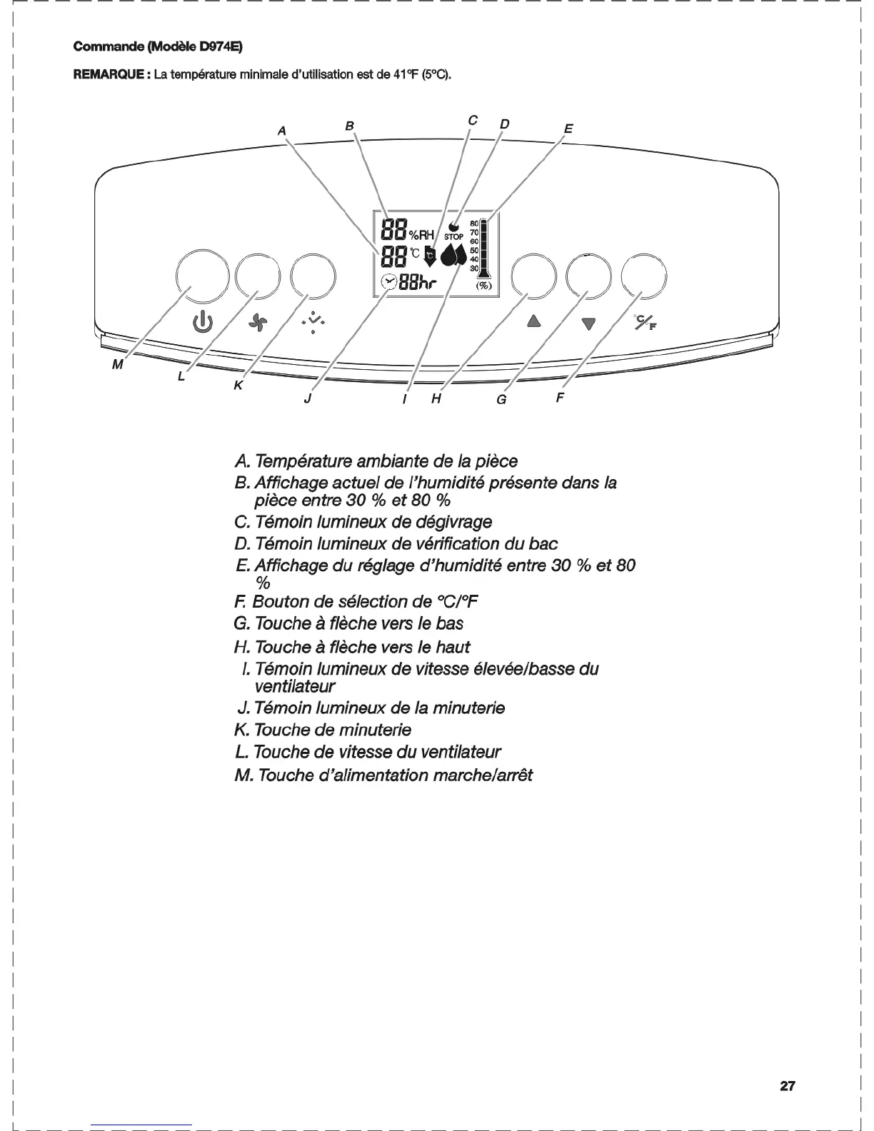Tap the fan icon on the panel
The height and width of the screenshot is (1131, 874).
[x=256, y=324]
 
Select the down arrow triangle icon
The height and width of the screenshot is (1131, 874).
[x=588, y=324]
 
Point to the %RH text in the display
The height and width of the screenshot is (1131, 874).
[x=421, y=234]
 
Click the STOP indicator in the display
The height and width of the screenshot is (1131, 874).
[x=453, y=236]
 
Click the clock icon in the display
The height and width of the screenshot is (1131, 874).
[x=389, y=281]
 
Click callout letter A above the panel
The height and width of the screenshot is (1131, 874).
[x=282, y=131]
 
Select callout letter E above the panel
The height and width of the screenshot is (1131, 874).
[x=568, y=129]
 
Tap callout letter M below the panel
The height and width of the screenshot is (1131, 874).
[x=118, y=365]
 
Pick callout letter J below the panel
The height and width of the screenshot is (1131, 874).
[x=307, y=398]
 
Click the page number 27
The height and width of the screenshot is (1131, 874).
[x=787, y=1086]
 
